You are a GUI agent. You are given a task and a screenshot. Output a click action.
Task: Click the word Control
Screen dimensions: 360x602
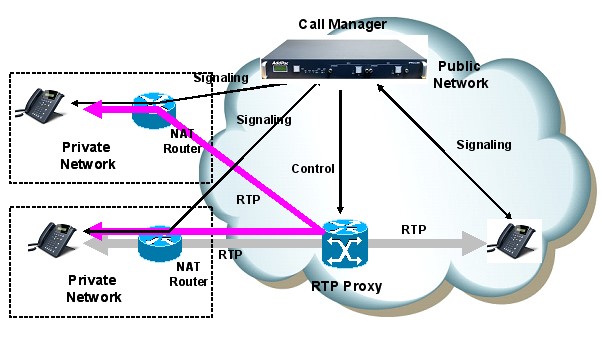[312, 168]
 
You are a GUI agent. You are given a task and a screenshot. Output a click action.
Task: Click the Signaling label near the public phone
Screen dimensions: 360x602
[483, 145]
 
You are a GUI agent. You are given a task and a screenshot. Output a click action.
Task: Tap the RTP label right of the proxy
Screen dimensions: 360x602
[414, 230]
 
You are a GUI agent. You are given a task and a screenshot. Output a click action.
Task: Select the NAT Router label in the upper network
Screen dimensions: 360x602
[182, 142]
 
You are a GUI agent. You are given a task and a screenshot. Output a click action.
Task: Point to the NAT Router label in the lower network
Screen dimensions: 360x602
[187, 275]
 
